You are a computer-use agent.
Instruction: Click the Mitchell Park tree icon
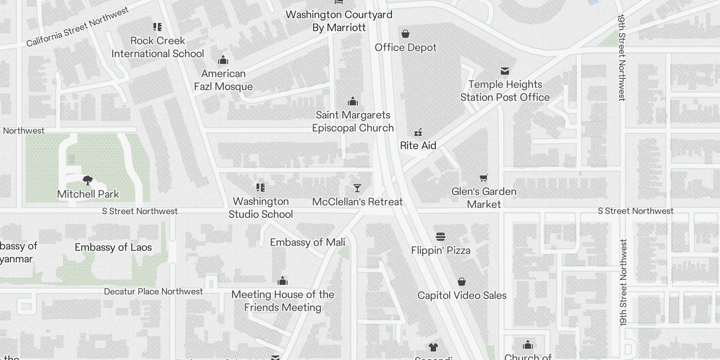pos(88,180)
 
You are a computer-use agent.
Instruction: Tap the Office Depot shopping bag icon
pos(405,34)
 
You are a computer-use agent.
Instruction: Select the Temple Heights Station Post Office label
pos(504,91)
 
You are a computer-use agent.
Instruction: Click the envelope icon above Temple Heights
pos(504,71)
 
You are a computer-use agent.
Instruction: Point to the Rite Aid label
pos(418,145)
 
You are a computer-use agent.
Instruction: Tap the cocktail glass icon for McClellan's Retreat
pos(357,188)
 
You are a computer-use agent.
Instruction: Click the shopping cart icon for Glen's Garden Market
pos(483,178)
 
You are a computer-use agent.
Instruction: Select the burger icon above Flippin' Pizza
pos(440,237)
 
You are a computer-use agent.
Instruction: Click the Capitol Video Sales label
pos(462,296)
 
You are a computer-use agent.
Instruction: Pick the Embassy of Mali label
pos(307,243)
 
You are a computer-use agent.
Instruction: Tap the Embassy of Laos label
pos(113,247)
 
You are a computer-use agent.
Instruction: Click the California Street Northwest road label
pos(77,27)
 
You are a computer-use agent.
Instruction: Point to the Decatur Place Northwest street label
pos(153,292)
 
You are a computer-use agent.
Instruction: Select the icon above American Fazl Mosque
pos(223,60)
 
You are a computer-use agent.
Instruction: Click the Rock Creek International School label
pos(157,47)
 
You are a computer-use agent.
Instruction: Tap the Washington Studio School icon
pos(260,188)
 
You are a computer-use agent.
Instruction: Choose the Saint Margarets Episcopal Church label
pos(353,121)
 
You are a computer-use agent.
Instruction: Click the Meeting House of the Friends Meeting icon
pos(282,281)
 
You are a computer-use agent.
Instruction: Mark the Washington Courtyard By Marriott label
pos(339,21)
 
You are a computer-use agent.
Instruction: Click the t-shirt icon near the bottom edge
pos(433,347)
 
